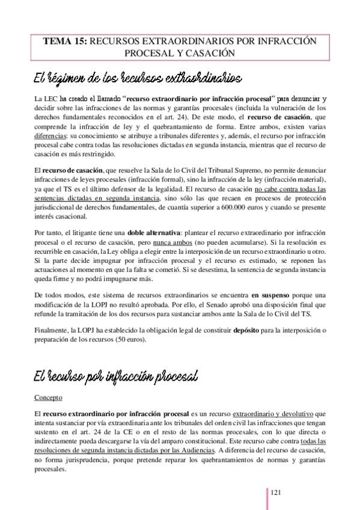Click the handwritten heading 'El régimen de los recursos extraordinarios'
tap(138, 78)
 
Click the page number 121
tap(277, 493)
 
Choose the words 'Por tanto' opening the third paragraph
tap(50, 233)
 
